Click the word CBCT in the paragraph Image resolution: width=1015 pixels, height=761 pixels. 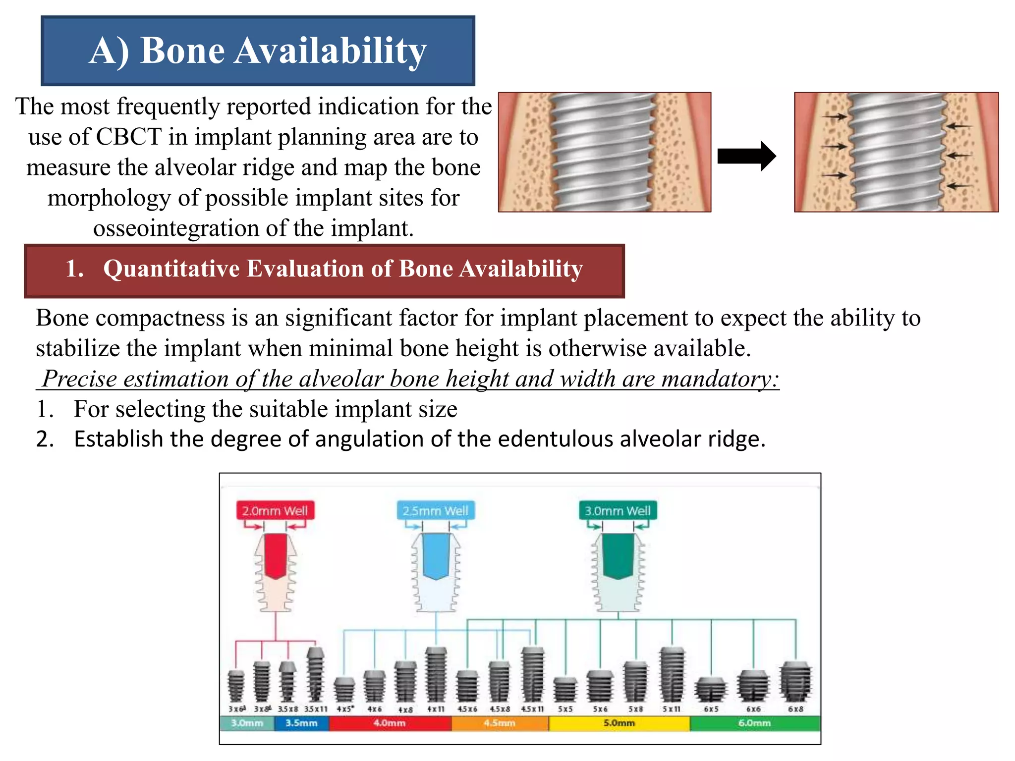click(x=128, y=137)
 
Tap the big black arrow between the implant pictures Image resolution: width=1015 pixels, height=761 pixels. click(x=746, y=156)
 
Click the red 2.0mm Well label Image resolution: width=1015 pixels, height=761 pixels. click(x=275, y=510)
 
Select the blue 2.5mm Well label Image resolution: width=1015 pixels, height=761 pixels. click(x=435, y=510)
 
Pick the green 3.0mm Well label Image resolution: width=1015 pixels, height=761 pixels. click(x=618, y=510)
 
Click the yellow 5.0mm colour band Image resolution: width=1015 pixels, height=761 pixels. click(x=619, y=723)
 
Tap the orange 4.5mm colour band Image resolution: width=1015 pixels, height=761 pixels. click(x=500, y=723)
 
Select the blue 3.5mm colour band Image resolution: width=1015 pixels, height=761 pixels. click(x=301, y=723)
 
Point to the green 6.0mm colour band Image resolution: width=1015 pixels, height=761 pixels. click(x=754, y=723)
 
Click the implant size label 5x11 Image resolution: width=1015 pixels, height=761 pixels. click(x=672, y=709)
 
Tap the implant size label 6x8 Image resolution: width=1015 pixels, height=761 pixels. click(x=795, y=709)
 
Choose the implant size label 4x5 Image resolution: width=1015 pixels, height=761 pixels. click(x=345, y=709)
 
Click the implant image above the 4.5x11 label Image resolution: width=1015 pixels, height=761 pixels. click(x=533, y=674)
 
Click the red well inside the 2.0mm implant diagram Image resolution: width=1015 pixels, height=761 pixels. click(x=276, y=555)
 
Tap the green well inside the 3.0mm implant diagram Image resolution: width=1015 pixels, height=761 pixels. click(x=618, y=555)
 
